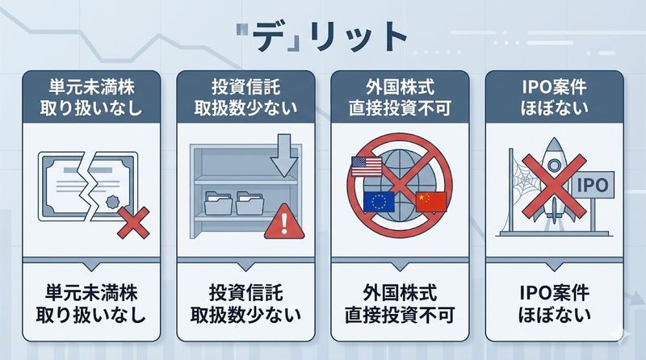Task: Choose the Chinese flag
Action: [x=430, y=202]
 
